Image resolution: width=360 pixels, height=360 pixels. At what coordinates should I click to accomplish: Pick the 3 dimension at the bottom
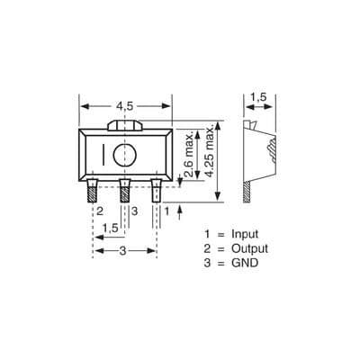coord(123,251)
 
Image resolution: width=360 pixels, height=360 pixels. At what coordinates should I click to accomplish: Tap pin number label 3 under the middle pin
coord(134,210)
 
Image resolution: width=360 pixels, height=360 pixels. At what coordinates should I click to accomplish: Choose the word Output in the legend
coord(249,248)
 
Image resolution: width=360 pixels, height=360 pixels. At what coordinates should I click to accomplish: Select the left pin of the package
coord(93,192)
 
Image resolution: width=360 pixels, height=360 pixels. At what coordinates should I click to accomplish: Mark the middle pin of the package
coord(124,192)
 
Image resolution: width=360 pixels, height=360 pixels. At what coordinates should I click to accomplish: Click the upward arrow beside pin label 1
coord(182,211)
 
